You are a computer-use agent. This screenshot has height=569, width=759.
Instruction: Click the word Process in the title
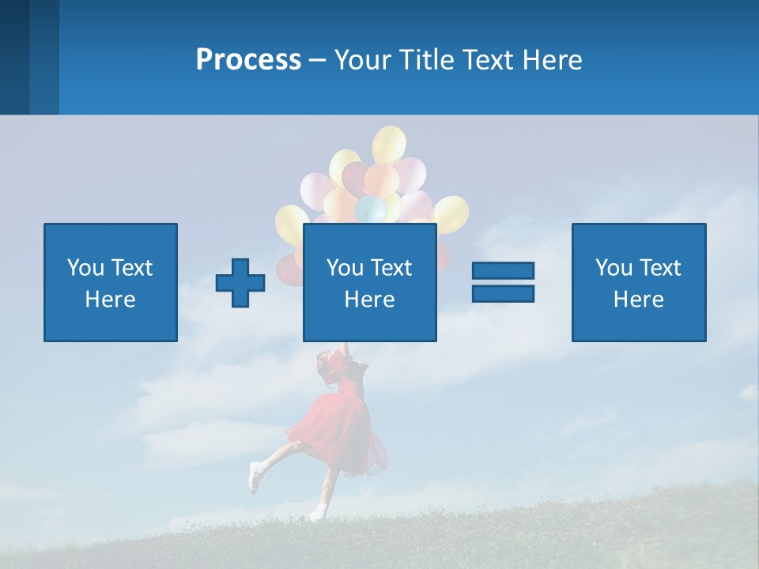point(248,60)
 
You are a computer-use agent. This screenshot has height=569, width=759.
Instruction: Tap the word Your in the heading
point(364,60)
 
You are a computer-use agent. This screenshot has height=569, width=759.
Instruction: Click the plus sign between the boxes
point(240,283)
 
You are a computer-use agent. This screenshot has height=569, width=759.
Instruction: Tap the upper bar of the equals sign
point(503,270)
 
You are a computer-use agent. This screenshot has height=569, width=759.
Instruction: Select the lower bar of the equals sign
point(503,293)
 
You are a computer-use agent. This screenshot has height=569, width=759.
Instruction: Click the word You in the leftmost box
point(85,268)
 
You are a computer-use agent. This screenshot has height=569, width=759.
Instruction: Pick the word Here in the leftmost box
point(110,300)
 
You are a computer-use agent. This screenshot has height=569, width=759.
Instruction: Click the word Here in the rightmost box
point(638,300)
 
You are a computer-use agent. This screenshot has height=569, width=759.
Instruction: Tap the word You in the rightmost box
point(614,268)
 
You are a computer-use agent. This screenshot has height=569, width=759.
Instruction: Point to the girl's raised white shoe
point(255,477)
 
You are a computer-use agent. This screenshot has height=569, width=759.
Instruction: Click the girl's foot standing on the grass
point(317,514)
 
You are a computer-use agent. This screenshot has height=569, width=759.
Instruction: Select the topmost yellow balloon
point(389,145)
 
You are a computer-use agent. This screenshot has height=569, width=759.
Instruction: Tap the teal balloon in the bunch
point(369,209)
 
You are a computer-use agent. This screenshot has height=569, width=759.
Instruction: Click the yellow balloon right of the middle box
point(451,214)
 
